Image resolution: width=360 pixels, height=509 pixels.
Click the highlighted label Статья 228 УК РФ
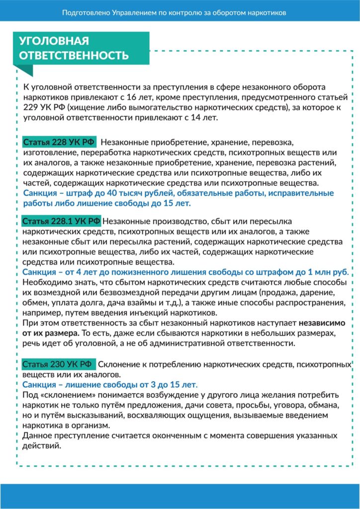click(x=59, y=142)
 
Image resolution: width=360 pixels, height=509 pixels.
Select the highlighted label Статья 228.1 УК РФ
click(x=62, y=221)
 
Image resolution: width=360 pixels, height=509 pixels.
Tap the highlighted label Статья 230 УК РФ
click(x=57, y=365)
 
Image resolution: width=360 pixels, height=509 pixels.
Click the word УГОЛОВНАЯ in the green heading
click(x=54, y=41)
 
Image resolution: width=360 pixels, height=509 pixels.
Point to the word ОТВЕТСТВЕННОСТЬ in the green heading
click(x=74, y=55)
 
